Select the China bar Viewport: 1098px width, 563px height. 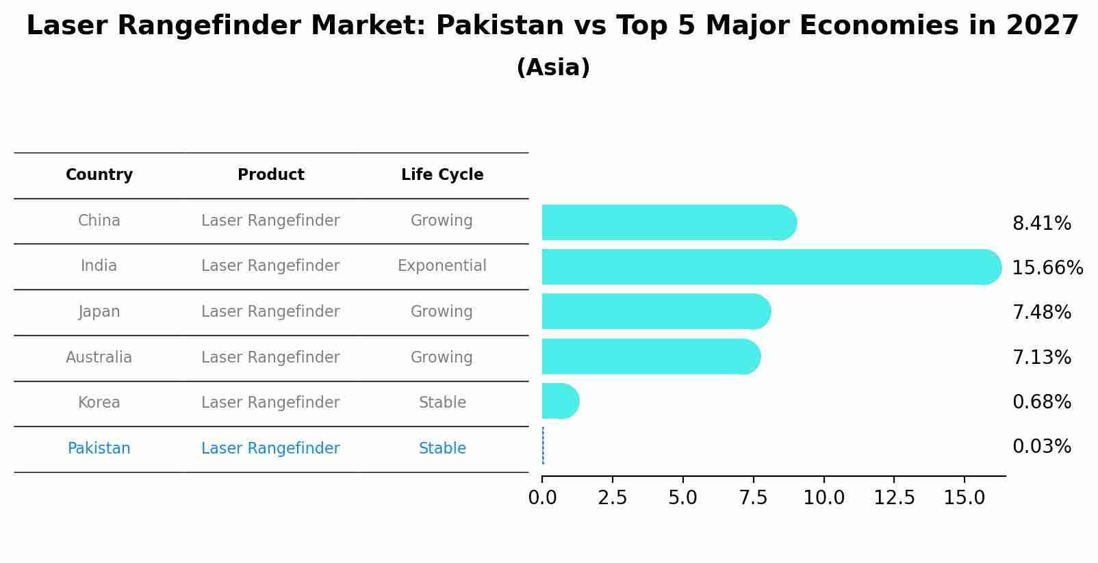click(x=668, y=222)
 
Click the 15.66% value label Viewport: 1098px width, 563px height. click(x=1047, y=267)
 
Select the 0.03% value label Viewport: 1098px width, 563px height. click(x=1042, y=447)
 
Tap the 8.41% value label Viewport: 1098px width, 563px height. click(x=1042, y=224)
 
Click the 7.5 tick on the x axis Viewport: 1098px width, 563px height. click(x=753, y=498)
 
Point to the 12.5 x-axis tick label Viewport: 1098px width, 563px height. click(x=894, y=498)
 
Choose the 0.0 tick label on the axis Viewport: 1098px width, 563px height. click(x=542, y=498)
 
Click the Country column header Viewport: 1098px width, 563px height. click(x=99, y=175)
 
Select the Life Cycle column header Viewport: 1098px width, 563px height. click(x=442, y=175)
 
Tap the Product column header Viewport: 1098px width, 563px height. click(x=271, y=175)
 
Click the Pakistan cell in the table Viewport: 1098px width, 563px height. click(x=99, y=449)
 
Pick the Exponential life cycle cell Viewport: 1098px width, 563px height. click(x=442, y=266)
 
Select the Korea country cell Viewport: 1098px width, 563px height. click(x=99, y=403)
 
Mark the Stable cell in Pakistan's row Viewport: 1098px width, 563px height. click(x=442, y=449)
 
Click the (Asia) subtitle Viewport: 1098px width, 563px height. click(x=553, y=68)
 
